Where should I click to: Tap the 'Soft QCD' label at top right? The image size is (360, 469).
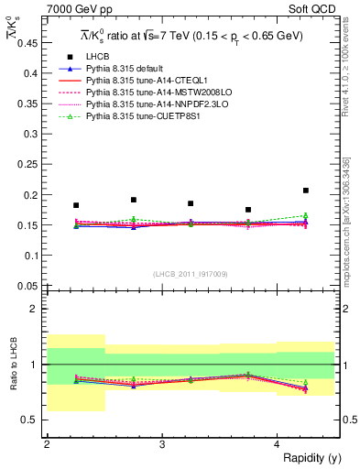click(311, 9)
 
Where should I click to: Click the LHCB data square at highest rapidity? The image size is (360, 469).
click(306, 191)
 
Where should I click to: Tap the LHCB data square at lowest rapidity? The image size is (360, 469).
click(76, 205)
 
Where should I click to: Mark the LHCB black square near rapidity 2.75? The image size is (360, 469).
click(134, 200)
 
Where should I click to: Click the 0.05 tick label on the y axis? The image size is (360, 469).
click(29, 285)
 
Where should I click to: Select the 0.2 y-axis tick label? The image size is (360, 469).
click(32, 194)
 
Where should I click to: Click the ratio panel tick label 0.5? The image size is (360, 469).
click(32, 420)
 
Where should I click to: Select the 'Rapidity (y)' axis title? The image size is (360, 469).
click(306, 458)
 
